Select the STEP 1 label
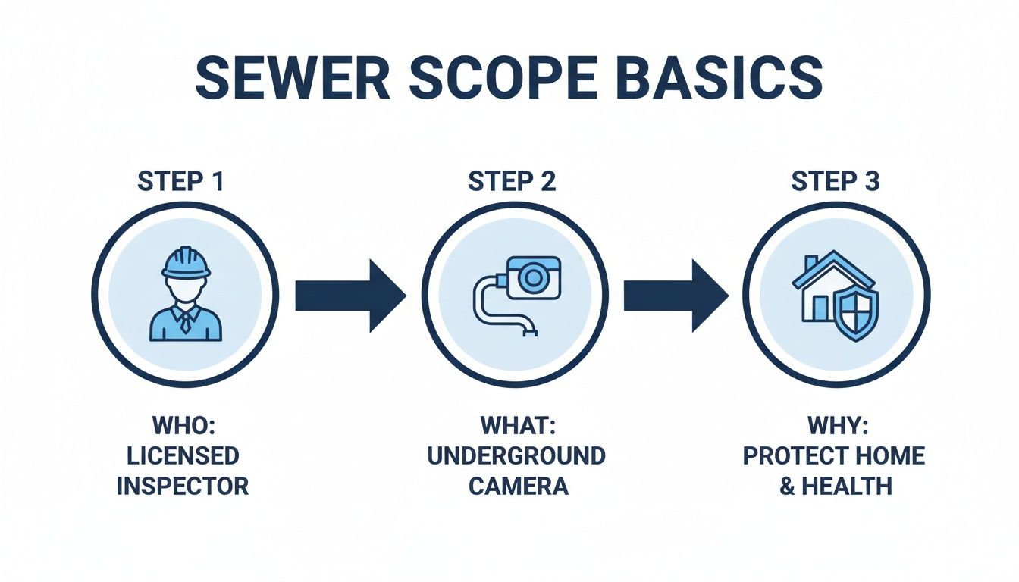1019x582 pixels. pyautogui.click(x=181, y=182)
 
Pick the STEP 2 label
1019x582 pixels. pyautogui.click(x=512, y=182)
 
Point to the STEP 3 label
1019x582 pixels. pyautogui.click(x=836, y=182)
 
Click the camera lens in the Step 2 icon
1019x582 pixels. pyautogui.click(x=534, y=277)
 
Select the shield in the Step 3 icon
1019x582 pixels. pyautogui.click(x=857, y=314)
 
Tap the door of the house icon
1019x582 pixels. pyautogui.click(x=820, y=308)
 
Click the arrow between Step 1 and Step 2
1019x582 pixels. pyautogui.click(x=350, y=295)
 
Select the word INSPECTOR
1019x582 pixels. pyautogui.click(x=182, y=485)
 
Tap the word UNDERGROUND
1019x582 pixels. pyautogui.click(x=516, y=455)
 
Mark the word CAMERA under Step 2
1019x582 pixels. pyautogui.click(x=518, y=485)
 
